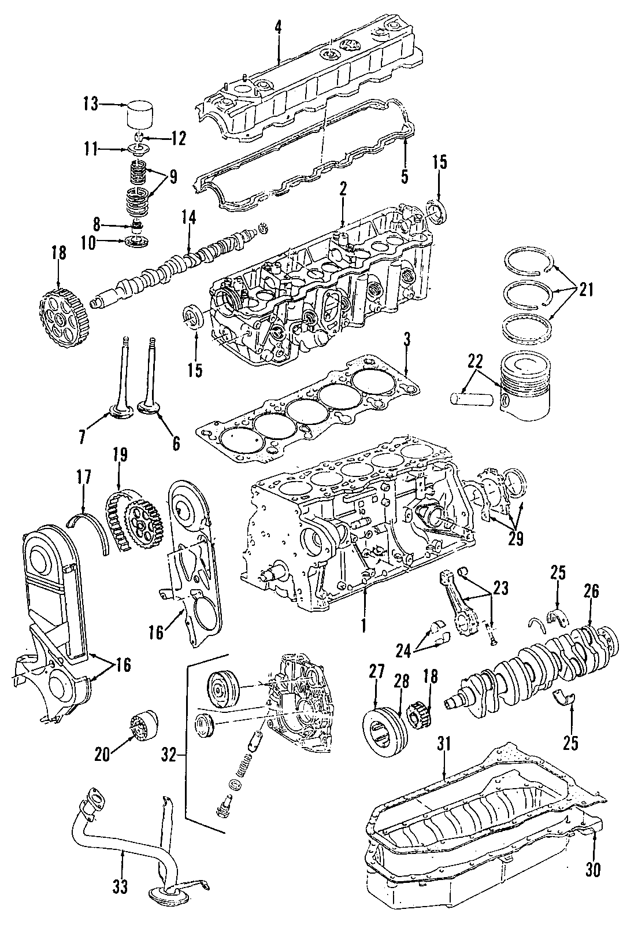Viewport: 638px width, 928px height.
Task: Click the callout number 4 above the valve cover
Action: pyautogui.click(x=279, y=27)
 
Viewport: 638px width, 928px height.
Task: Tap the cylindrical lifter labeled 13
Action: pyautogui.click(x=142, y=116)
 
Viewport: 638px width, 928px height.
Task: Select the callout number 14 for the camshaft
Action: pyautogui.click(x=189, y=218)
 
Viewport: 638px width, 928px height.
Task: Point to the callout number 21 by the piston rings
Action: pyautogui.click(x=585, y=291)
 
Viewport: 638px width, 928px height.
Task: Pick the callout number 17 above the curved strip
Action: pyautogui.click(x=83, y=478)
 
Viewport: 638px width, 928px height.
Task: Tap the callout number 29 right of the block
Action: pyautogui.click(x=515, y=538)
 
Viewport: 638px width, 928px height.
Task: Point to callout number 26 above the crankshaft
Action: pyautogui.click(x=591, y=591)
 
